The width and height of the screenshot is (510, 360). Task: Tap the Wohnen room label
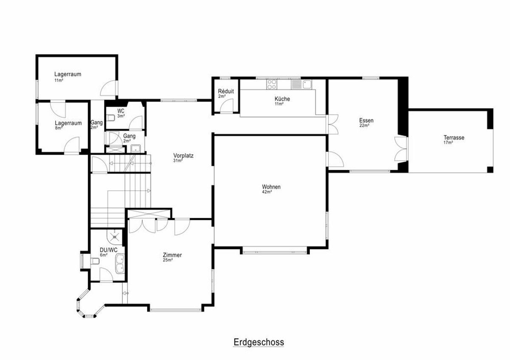pyautogui.click(x=271, y=187)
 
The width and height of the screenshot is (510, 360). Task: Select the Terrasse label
pyautogui.click(x=454, y=138)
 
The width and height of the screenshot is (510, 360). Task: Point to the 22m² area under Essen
pyautogui.click(x=364, y=125)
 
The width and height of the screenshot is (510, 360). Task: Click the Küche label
pyautogui.click(x=282, y=99)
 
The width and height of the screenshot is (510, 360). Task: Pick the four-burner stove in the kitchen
pyautogui.click(x=272, y=84)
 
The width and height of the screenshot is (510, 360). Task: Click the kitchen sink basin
pyautogui.click(x=307, y=84)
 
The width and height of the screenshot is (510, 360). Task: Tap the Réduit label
pyautogui.click(x=226, y=91)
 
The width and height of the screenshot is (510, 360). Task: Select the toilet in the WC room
pyautogui.click(x=110, y=118)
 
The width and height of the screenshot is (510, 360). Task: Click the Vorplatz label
pyautogui.click(x=183, y=156)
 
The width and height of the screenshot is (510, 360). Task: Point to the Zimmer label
pyautogui.click(x=172, y=255)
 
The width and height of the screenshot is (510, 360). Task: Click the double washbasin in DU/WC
pyautogui.click(x=120, y=264)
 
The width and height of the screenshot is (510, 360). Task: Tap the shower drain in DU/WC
pyautogui.click(x=114, y=237)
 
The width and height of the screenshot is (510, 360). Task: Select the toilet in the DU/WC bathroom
pyautogui.click(x=95, y=261)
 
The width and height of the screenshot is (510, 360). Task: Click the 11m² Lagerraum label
pyautogui.click(x=68, y=74)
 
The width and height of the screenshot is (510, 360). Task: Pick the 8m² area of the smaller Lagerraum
pyautogui.click(x=59, y=128)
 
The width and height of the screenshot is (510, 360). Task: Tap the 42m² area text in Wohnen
pyautogui.click(x=267, y=192)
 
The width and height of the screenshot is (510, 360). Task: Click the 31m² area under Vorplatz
pyautogui.click(x=178, y=161)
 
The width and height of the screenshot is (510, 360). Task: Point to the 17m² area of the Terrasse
pyautogui.click(x=448, y=142)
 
